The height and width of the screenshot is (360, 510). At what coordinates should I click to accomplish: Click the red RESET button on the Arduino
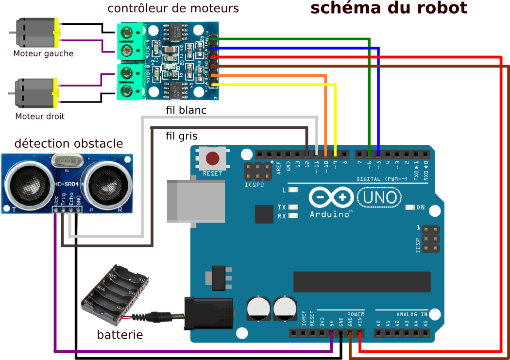(x=212, y=158)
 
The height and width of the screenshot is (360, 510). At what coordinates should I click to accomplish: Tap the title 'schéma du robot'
(x=389, y=8)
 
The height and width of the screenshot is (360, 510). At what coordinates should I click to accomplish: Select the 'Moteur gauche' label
(x=43, y=53)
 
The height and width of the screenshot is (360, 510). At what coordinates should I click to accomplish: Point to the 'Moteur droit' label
(x=40, y=117)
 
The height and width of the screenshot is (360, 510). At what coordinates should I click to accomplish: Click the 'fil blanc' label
(x=186, y=110)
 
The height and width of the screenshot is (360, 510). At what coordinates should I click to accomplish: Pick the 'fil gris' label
(x=181, y=136)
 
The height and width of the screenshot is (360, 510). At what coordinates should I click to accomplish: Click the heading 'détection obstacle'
(x=68, y=144)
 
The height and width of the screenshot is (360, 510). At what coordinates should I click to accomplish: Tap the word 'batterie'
(x=120, y=335)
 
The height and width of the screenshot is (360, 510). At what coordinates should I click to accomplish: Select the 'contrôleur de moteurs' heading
(x=173, y=8)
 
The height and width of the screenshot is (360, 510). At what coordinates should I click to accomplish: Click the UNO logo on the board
(x=380, y=197)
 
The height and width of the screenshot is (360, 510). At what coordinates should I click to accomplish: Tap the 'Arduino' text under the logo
(x=330, y=214)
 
